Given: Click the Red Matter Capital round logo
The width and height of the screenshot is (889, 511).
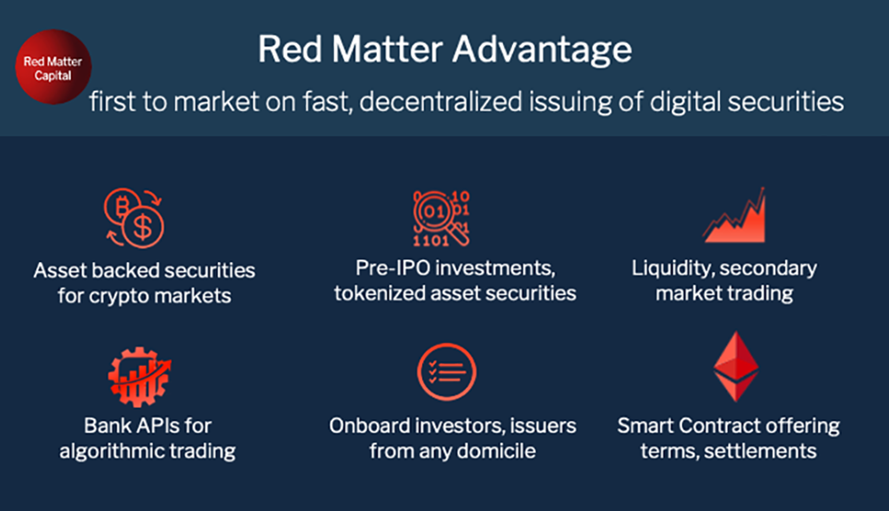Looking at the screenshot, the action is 53,67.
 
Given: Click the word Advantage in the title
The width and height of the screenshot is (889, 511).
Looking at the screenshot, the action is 542,51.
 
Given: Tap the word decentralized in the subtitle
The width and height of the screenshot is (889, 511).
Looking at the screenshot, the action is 441,102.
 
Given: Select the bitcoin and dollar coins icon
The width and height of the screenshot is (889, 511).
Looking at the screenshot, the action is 134,218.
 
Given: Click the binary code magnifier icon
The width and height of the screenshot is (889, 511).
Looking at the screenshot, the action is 442,218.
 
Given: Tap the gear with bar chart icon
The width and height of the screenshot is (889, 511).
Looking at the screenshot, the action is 140,377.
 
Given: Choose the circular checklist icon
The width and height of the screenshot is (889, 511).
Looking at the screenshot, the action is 447,371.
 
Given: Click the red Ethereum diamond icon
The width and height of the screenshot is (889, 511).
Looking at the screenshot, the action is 736,366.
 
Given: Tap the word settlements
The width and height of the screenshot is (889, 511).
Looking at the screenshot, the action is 760,451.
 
